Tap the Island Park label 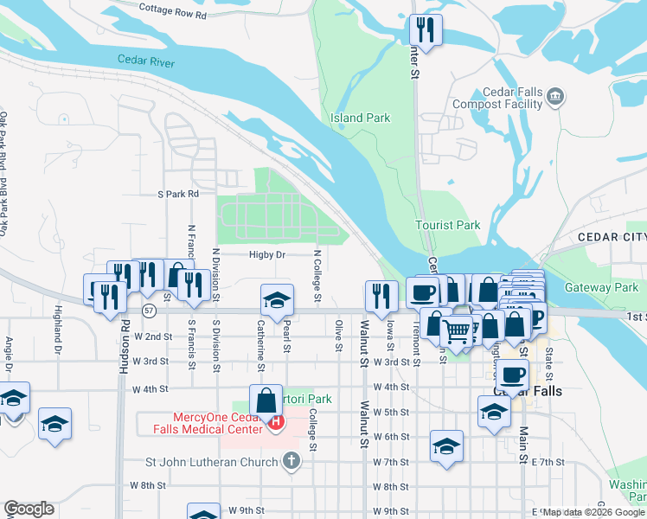point(360,118)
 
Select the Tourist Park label point(447,225)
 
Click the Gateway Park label point(601,287)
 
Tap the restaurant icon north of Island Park point(426,31)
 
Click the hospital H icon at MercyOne point(276,422)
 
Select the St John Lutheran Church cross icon point(291,461)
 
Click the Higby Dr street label point(267,255)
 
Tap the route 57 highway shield point(149,309)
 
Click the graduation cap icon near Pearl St point(277,299)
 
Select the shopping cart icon point(456,329)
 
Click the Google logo point(29,509)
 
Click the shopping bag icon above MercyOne point(265,400)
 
